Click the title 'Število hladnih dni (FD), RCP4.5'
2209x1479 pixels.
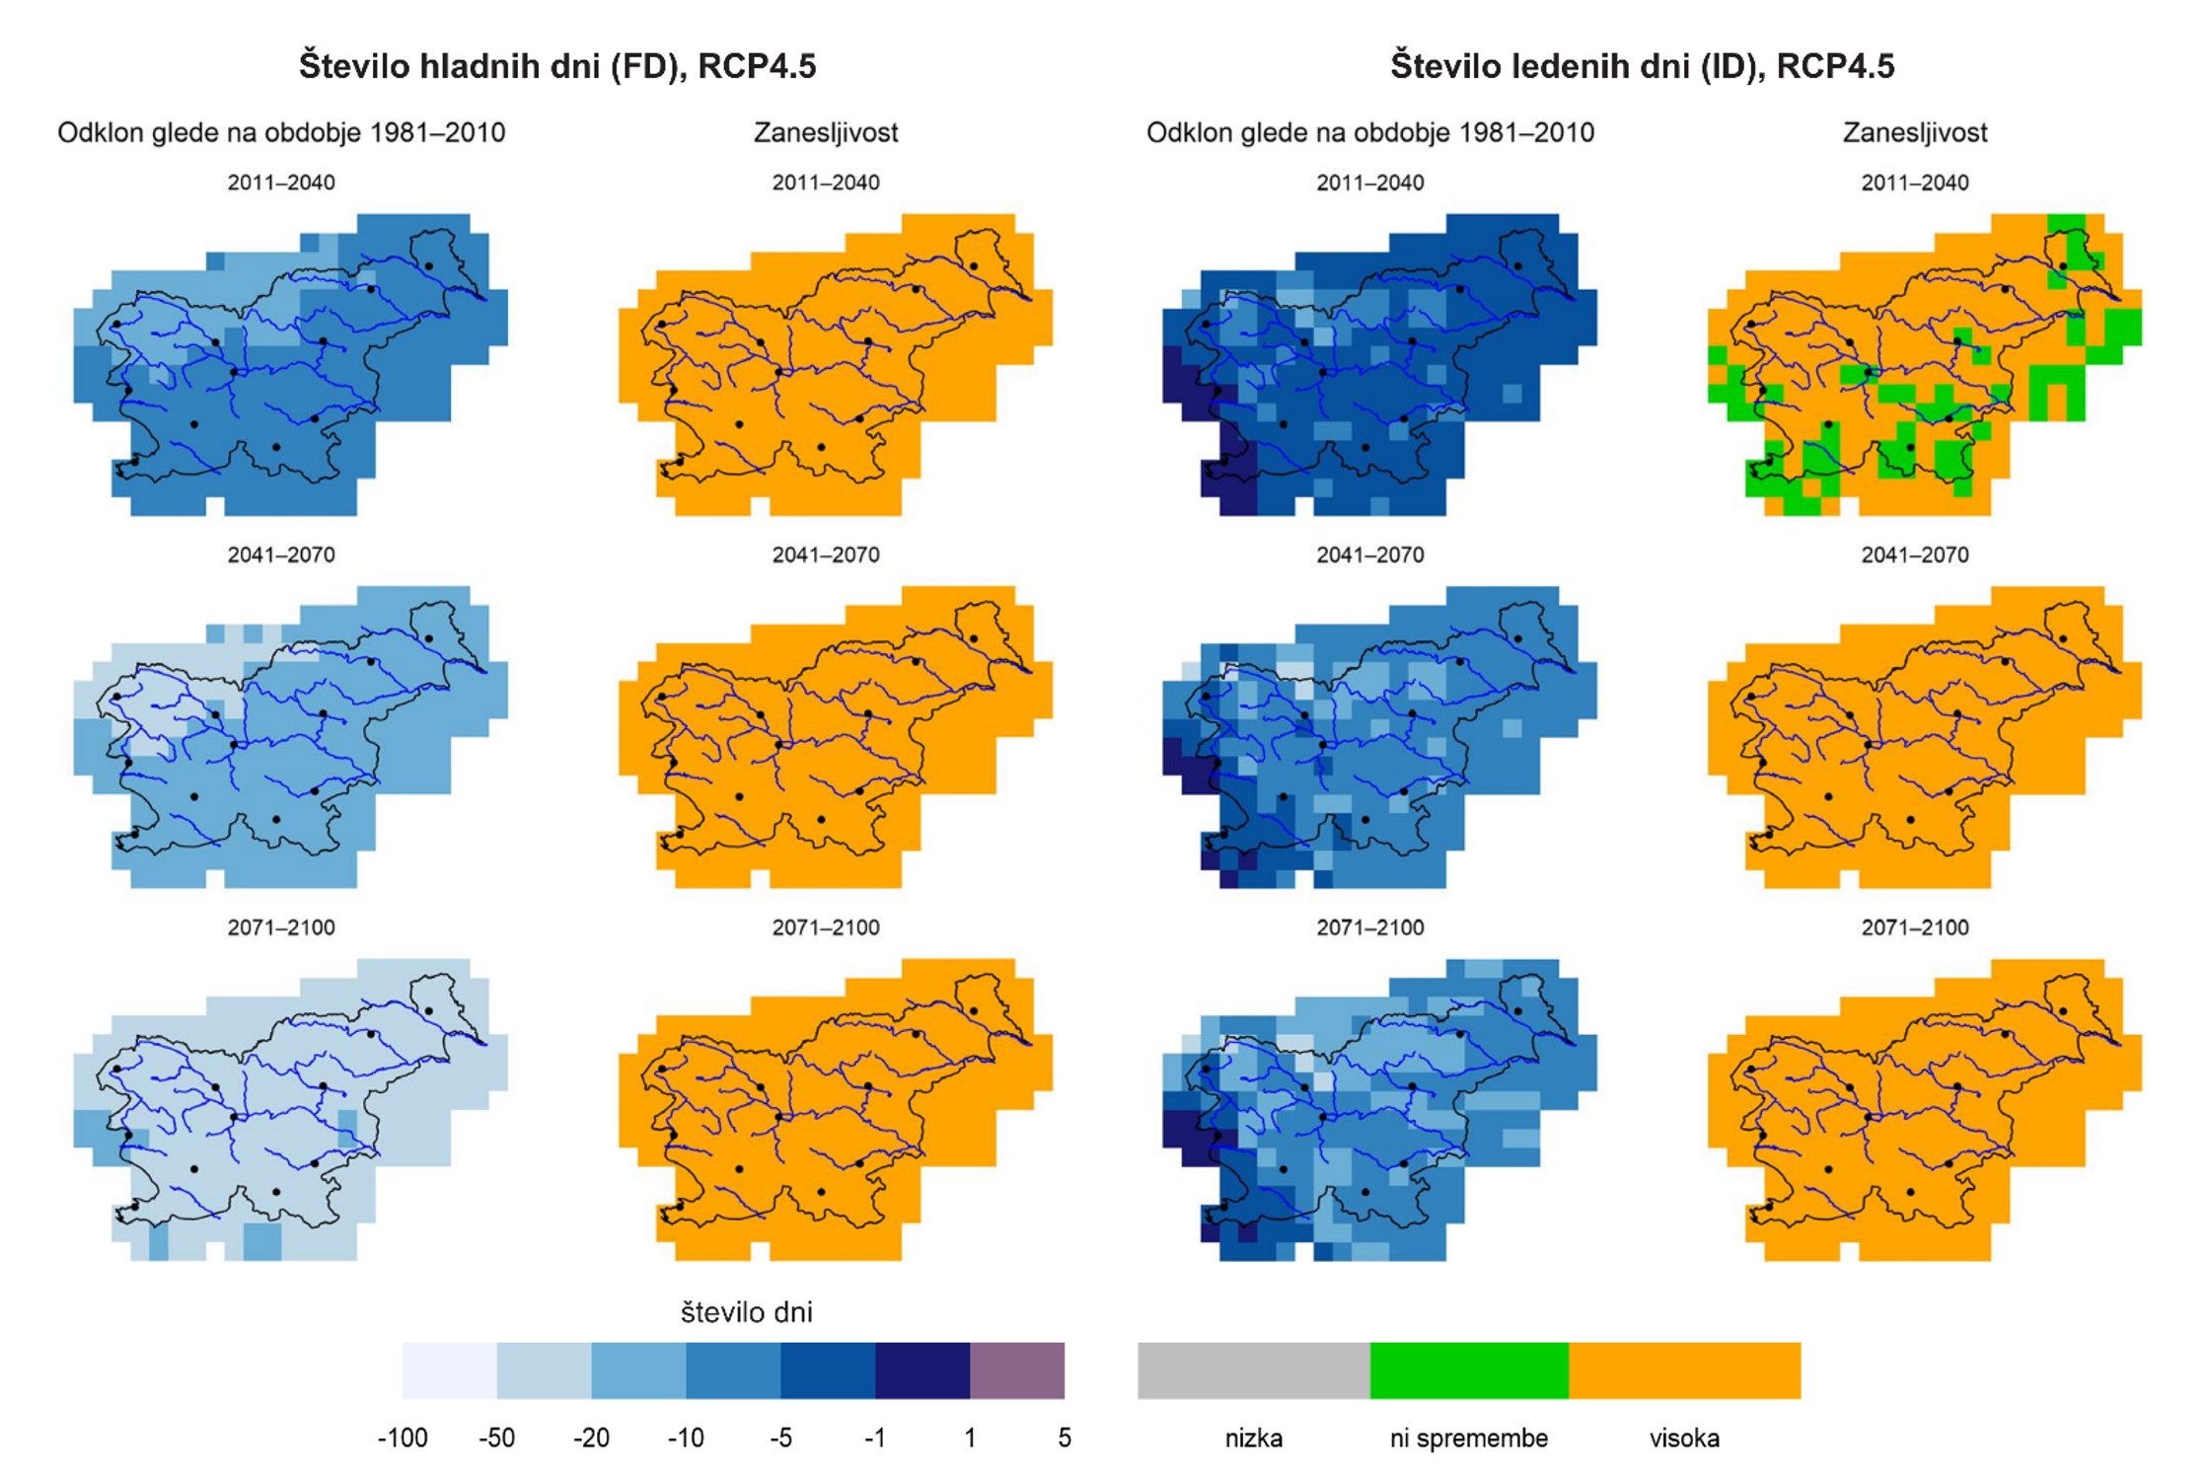[557, 66]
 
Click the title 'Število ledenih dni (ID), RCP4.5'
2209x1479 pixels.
[1642, 66]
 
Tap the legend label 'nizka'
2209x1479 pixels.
[1253, 1438]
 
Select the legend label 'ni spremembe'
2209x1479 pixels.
[1468, 1438]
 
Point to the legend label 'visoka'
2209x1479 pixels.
[1684, 1438]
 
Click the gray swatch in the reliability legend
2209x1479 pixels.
[1253, 1369]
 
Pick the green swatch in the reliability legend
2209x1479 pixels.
[1468, 1369]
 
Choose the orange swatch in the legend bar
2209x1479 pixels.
[1684, 1369]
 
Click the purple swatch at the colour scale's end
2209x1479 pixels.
[1016, 1369]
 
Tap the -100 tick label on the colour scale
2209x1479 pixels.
[403, 1438]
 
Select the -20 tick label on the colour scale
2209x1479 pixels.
[591, 1438]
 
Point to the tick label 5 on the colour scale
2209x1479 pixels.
[1064, 1438]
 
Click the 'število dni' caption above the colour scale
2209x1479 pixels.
[746, 1312]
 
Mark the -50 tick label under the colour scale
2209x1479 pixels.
[496, 1438]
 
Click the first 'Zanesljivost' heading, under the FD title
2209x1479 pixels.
[826, 132]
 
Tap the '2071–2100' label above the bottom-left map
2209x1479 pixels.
[281, 927]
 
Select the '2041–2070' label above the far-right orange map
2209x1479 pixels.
[1914, 555]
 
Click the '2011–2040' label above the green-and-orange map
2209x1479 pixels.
[1914, 183]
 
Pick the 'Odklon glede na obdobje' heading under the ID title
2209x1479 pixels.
[1369, 132]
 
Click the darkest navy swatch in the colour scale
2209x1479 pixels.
[921, 1369]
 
